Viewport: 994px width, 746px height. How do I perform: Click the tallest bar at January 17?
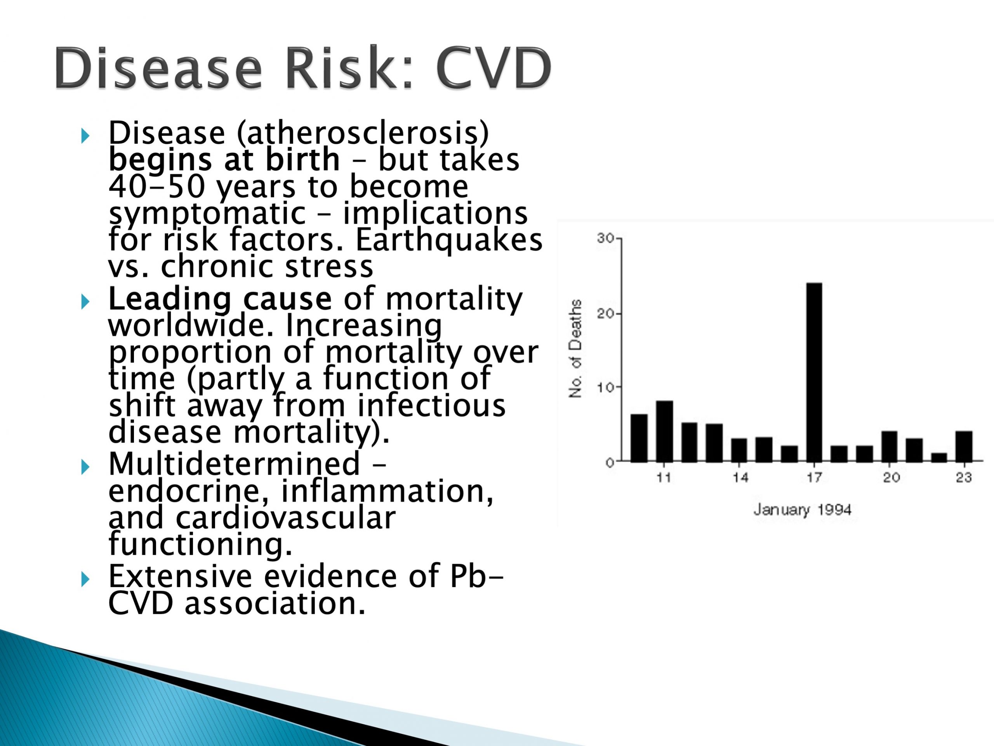click(814, 372)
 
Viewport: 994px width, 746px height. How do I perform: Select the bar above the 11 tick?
click(665, 431)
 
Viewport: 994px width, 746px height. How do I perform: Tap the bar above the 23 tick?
click(964, 446)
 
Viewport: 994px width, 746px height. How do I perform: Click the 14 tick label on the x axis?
click(740, 477)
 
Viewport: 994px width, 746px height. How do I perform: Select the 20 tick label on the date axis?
click(891, 477)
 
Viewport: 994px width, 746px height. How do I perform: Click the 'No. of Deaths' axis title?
click(575, 349)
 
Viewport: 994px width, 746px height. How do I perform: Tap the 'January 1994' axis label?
click(803, 510)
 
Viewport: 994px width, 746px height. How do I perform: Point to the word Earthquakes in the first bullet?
click(449, 241)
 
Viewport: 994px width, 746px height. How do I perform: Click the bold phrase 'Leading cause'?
click(220, 299)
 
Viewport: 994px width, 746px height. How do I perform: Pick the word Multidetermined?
click(234, 464)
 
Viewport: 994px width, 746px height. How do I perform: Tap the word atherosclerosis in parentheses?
click(363, 134)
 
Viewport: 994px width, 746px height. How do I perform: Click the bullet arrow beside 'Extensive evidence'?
click(85, 580)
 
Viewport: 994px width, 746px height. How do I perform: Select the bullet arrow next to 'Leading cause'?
click(85, 302)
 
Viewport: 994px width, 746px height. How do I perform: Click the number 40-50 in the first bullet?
click(157, 186)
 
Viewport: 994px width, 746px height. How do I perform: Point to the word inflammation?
click(387, 491)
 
